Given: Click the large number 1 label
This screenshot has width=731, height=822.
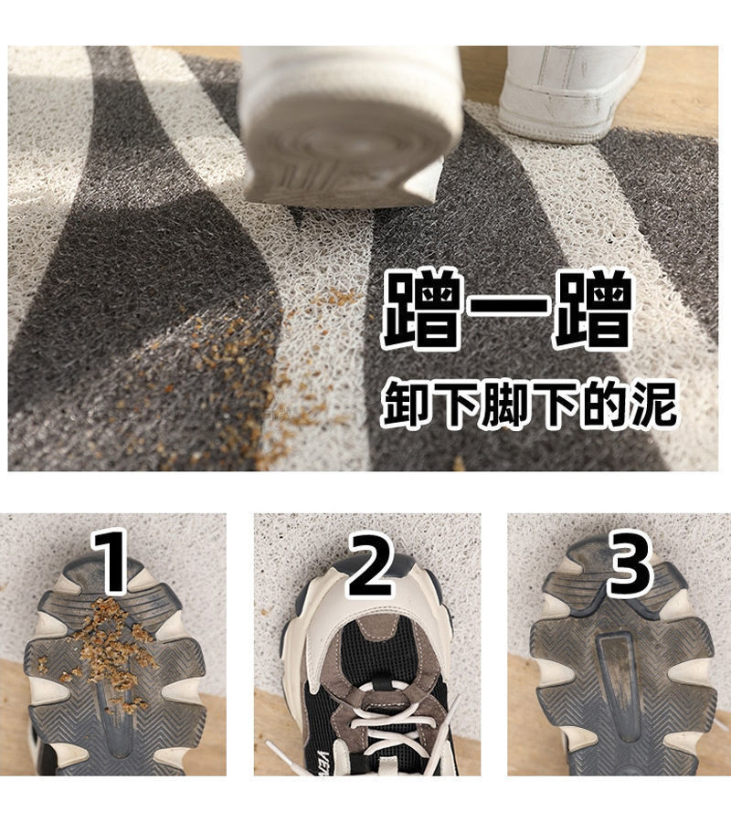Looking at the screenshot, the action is pyautogui.click(x=111, y=561).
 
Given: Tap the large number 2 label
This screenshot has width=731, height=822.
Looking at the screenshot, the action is pyautogui.click(x=370, y=566).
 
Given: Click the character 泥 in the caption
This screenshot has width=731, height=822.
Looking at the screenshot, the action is pyautogui.click(x=652, y=403).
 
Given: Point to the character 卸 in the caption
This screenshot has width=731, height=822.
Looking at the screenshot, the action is pyautogui.click(x=406, y=404).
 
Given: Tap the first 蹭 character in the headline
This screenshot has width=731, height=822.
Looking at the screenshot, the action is pyautogui.click(x=424, y=310).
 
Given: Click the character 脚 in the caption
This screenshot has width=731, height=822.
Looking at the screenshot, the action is pyautogui.click(x=504, y=404).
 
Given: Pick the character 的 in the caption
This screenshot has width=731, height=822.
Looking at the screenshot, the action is pyautogui.click(x=603, y=404).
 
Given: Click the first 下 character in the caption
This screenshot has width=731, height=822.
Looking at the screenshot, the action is pyautogui.click(x=455, y=404).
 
